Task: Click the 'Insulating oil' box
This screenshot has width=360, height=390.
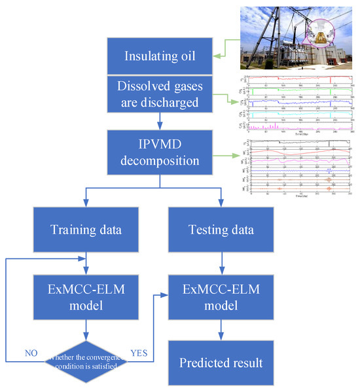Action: (160, 56)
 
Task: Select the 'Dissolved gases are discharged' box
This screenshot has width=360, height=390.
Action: (160, 96)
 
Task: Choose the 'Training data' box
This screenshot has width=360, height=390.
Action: (86, 230)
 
